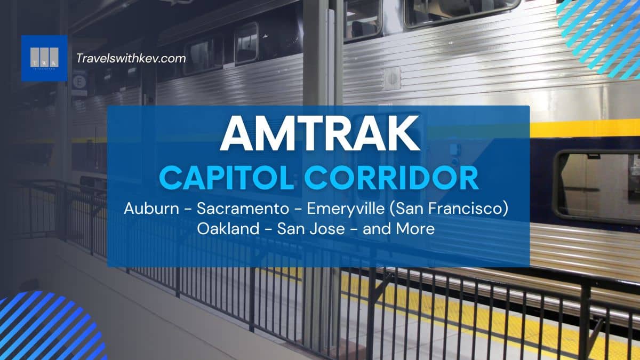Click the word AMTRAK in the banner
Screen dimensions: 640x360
(320, 133)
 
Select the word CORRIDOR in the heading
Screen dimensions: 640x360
(391, 178)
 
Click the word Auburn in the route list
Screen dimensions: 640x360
(151, 209)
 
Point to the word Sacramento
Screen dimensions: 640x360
(243, 209)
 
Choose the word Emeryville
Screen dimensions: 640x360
(346, 209)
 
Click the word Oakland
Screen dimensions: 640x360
(228, 229)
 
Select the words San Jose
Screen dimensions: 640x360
(311, 229)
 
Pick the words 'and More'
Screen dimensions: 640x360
(398, 229)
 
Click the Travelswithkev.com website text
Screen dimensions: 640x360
(131, 59)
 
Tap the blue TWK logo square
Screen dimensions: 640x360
(44, 58)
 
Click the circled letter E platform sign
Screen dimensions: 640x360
(79, 82)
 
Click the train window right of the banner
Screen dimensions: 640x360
(597, 187)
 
